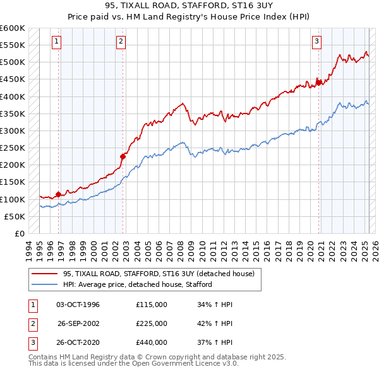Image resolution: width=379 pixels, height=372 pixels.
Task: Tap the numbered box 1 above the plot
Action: pos(57,42)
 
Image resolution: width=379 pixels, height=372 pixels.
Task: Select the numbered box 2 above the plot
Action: pos(121,42)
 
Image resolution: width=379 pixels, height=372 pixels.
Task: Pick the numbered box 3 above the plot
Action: pos(316,42)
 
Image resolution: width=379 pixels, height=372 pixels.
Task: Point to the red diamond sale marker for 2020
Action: pos(319,82)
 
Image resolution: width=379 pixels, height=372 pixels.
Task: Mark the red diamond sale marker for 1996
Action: pos(59,194)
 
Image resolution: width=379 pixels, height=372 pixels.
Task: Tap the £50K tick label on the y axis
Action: pos(15,216)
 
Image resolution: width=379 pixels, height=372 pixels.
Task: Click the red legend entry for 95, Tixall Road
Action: pos(158,274)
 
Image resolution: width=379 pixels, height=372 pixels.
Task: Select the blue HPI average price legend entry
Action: pos(137,284)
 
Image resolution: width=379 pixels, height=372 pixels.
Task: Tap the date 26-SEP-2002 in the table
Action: pos(78,323)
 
